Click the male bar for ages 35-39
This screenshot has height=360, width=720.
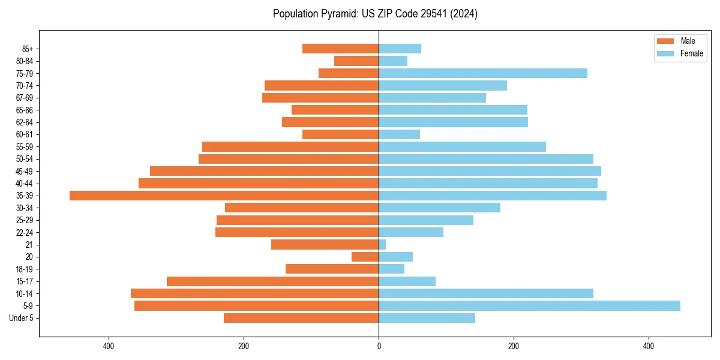click(x=224, y=196)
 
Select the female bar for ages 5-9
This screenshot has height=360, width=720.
click(x=529, y=306)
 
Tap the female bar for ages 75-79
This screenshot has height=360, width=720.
click(x=483, y=73)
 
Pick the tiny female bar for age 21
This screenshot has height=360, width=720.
click(x=382, y=245)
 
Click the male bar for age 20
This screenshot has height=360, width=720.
click(x=365, y=257)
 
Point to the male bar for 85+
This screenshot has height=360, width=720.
click(x=340, y=49)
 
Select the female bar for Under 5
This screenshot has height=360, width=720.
click(x=427, y=318)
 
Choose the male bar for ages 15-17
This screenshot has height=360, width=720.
click(x=272, y=281)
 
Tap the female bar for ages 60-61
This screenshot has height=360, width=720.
click(x=399, y=134)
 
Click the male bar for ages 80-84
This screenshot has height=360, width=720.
click(x=356, y=61)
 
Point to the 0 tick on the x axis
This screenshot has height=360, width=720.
click(x=379, y=346)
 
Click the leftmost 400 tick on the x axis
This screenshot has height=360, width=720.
click(x=109, y=346)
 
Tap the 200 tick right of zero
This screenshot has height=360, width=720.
click(x=513, y=346)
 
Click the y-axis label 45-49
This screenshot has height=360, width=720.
click(x=25, y=171)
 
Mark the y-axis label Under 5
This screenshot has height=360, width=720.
click(x=21, y=318)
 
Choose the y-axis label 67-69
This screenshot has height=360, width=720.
click(x=25, y=98)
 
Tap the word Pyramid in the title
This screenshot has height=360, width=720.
click(x=337, y=14)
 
